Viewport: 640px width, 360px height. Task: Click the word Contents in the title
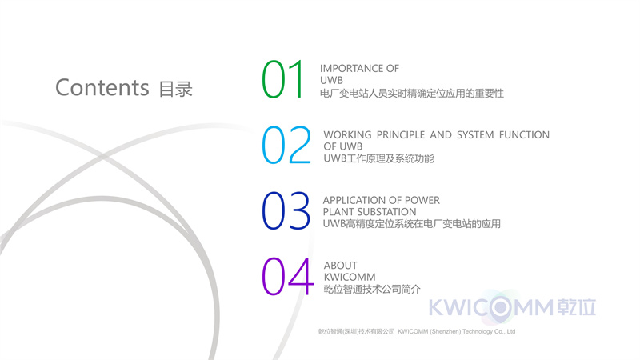click(102, 87)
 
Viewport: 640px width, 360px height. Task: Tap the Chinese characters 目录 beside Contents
click(175, 90)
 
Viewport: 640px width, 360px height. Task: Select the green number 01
click(283, 79)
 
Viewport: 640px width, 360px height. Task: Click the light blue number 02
click(286, 145)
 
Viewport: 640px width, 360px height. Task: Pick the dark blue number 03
click(286, 210)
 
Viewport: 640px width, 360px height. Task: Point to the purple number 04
click(288, 276)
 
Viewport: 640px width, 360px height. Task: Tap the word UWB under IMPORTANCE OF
click(331, 81)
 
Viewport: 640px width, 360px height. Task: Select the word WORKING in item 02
click(347, 134)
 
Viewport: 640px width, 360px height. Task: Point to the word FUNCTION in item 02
click(524, 134)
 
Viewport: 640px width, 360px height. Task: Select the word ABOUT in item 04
click(341, 266)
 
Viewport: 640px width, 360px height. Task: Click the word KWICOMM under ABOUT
click(350, 277)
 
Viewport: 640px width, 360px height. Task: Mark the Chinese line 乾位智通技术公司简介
click(372, 290)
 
